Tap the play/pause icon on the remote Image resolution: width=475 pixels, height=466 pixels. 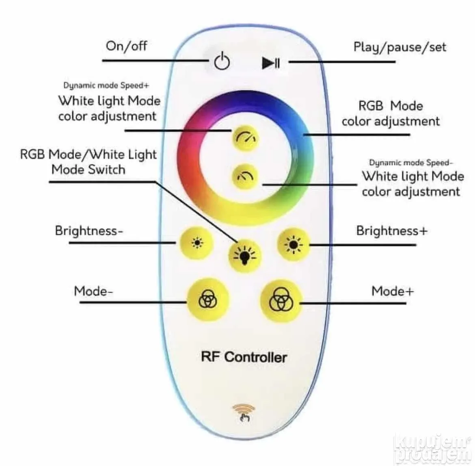(271, 63)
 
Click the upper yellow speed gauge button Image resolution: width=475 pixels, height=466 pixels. (246, 138)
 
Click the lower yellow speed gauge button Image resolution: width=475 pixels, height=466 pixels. (245, 176)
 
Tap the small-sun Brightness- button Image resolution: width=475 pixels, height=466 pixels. (197, 243)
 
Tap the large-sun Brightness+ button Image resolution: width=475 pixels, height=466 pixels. (293, 244)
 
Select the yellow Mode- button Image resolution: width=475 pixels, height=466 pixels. (208, 299)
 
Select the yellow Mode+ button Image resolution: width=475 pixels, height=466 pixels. (281, 301)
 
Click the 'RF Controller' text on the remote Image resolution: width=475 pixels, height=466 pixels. (244, 357)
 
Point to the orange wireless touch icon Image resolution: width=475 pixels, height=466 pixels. (244, 413)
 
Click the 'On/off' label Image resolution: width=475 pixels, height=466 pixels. (126, 46)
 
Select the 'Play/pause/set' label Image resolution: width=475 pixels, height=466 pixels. (400, 47)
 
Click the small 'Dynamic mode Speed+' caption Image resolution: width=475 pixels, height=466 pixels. (106, 85)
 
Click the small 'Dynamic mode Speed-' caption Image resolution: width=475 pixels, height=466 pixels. (411, 163)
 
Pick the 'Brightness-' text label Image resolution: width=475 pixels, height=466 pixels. (89, 231)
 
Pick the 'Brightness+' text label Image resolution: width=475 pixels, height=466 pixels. (392, 231)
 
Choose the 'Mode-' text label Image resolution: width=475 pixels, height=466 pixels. (94, 291)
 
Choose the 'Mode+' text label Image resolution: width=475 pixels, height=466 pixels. (393, 291)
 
